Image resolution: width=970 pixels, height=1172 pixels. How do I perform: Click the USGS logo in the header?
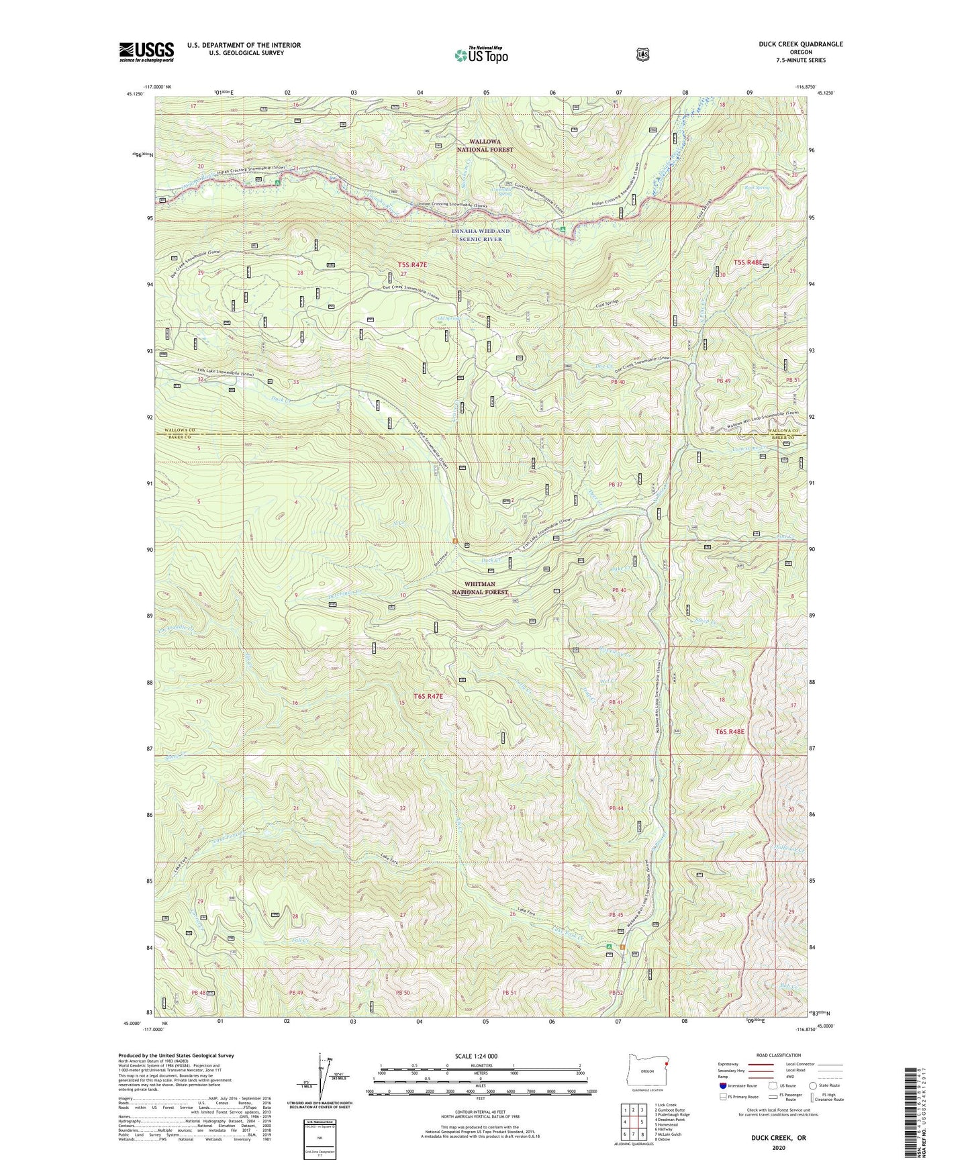click(x=146, y=51)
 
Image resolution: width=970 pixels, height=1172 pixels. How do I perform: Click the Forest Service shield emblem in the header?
click(x=642, y=54)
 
